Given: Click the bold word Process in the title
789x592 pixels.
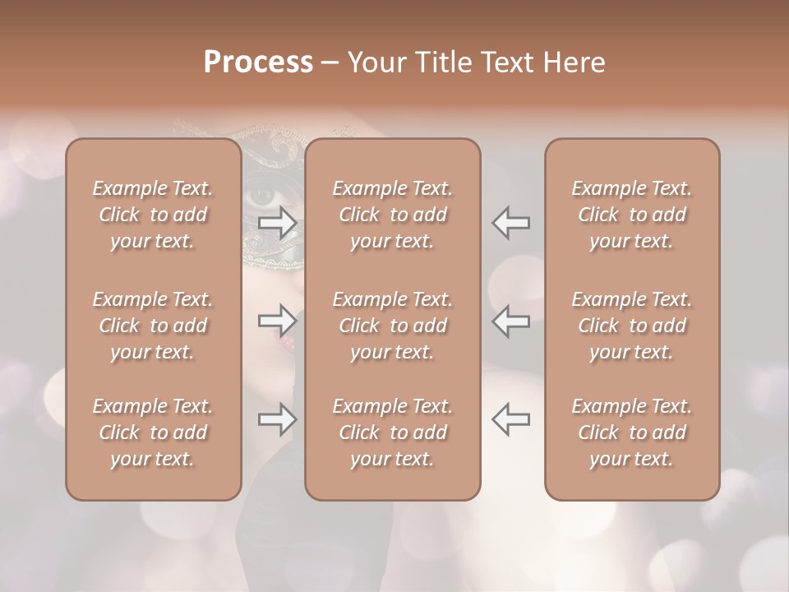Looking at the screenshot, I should coord(258,62).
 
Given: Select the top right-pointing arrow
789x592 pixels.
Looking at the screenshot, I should coord(278,223).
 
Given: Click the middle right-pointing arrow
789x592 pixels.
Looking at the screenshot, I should coord(278,320).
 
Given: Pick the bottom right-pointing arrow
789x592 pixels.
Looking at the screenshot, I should coord(278,419).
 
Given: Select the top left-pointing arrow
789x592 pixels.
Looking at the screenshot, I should coord(510,223).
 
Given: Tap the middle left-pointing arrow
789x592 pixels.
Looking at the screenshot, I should coord(510,320).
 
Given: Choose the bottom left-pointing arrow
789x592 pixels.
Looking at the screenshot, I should coord(510,419).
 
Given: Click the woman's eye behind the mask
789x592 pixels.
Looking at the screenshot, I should coord(262,196).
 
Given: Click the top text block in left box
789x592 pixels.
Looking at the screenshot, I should coord(153,215).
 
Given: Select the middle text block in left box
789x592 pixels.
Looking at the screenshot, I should coord(153,326).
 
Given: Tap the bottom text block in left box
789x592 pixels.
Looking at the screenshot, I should coord(153,432).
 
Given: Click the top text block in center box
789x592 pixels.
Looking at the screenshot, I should coord(392,215).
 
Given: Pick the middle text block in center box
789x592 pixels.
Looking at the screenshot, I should coord(392,326).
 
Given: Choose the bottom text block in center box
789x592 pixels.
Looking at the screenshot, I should coord(392,432).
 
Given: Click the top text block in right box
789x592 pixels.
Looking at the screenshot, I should coord(631,215).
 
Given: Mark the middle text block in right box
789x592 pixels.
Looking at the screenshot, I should coord(631,326).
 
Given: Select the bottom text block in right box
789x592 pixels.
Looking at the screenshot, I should coord(631,432).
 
